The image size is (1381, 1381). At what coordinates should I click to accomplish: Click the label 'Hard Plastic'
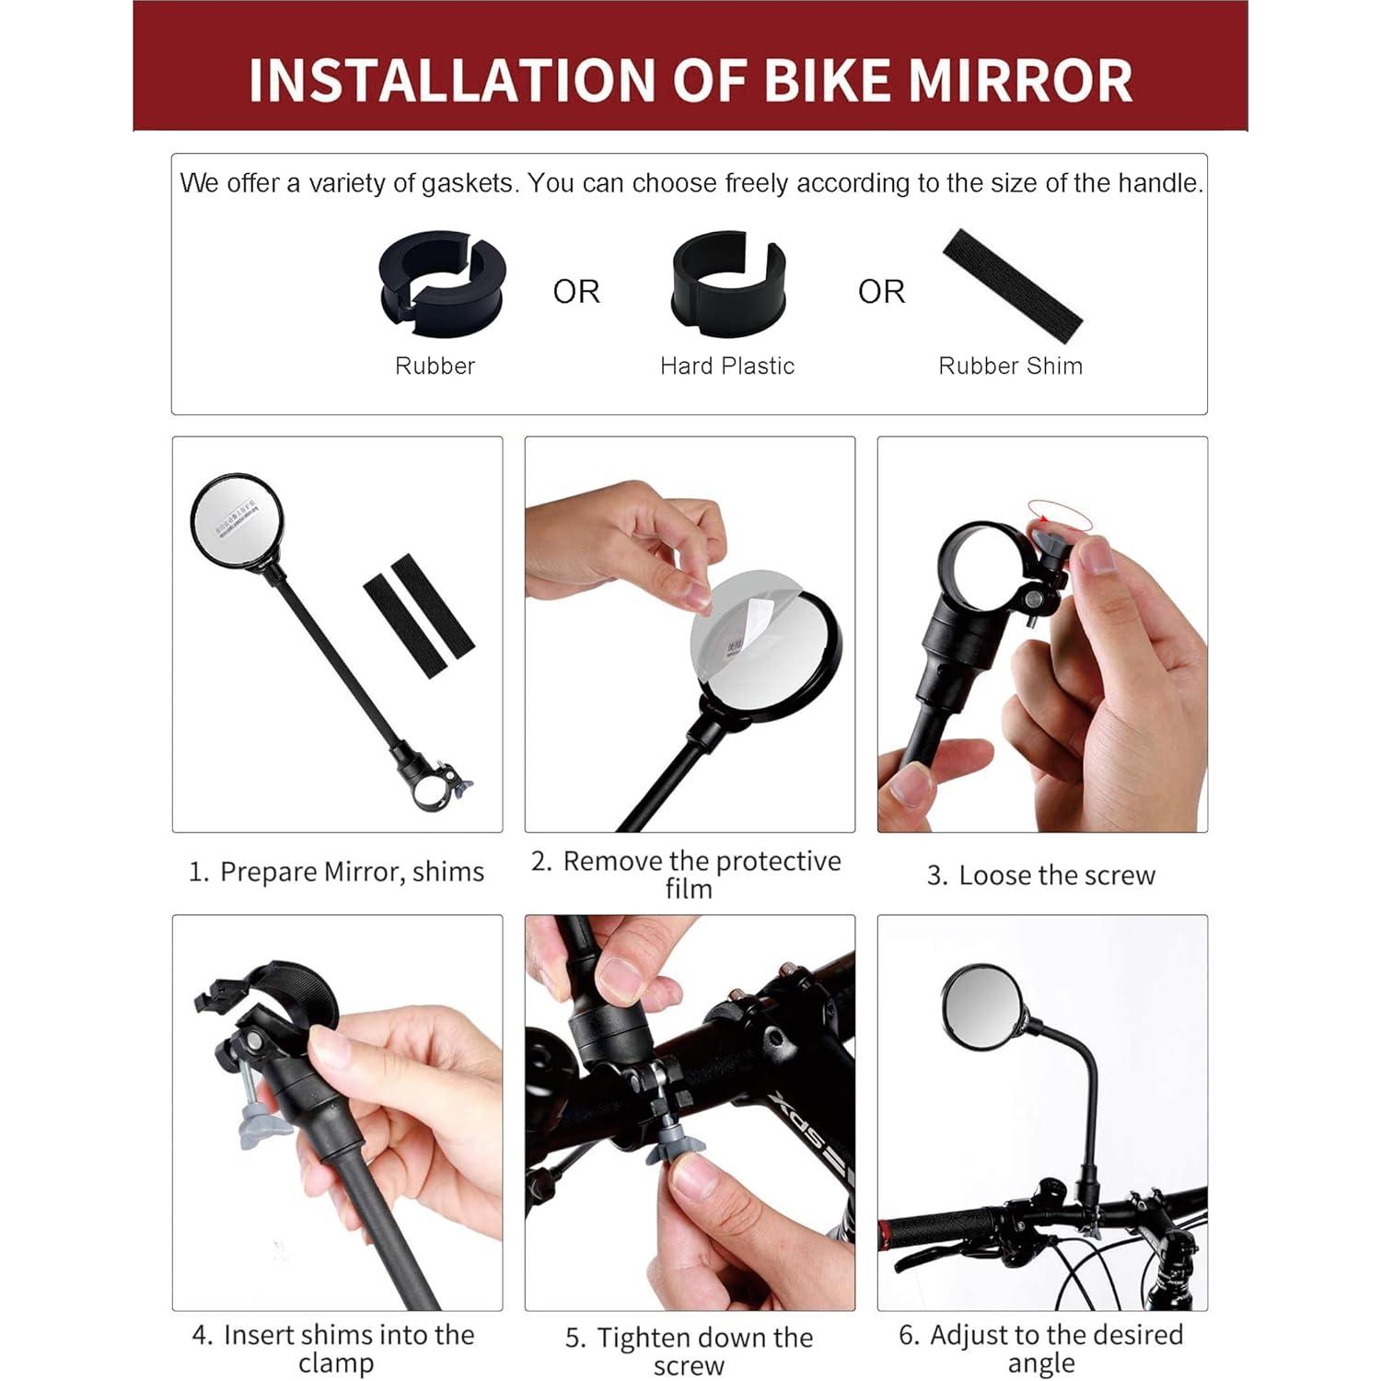tap(726, 366)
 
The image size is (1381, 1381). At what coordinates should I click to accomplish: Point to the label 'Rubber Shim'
tap(1010, 366)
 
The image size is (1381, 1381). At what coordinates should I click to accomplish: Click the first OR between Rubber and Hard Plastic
tap(576, 292)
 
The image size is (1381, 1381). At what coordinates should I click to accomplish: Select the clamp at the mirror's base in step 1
tap(436, 783)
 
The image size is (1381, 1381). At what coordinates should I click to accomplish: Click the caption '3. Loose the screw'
tap(1041, 876)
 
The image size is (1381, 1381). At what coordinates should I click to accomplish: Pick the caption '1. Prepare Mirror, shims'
tap(336, 872)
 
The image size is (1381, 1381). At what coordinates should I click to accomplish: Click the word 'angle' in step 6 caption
tap(1041, 1364)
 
